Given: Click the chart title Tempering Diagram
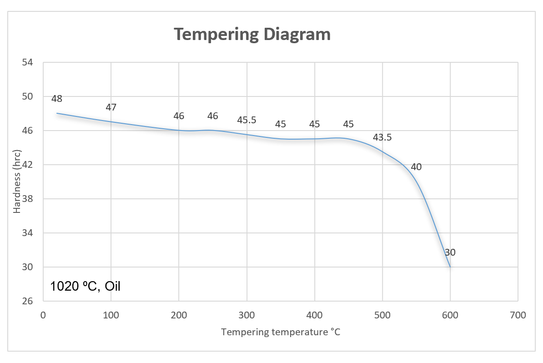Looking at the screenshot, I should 252,34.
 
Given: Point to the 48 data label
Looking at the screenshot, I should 57,99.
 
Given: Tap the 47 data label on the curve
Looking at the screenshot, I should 111,107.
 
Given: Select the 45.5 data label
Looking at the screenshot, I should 246,120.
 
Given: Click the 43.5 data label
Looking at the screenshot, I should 382,137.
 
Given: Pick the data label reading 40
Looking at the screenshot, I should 416,167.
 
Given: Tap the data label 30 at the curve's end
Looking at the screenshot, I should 450,252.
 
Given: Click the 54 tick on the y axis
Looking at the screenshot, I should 27,62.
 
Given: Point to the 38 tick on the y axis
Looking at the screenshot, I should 27,199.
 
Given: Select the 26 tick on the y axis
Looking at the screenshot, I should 27,301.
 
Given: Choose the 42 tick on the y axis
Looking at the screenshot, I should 27,165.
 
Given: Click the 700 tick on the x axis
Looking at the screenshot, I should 518,315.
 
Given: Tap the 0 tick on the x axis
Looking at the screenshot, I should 43,315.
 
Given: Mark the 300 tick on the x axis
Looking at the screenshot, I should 246,315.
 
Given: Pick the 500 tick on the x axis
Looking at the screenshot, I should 382,315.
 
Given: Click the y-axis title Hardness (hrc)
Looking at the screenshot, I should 17,181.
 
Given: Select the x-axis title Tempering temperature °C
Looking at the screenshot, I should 281,332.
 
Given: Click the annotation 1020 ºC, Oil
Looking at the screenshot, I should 85,286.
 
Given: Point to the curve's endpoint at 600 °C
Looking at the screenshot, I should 450,267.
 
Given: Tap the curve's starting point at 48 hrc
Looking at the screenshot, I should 57,113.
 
